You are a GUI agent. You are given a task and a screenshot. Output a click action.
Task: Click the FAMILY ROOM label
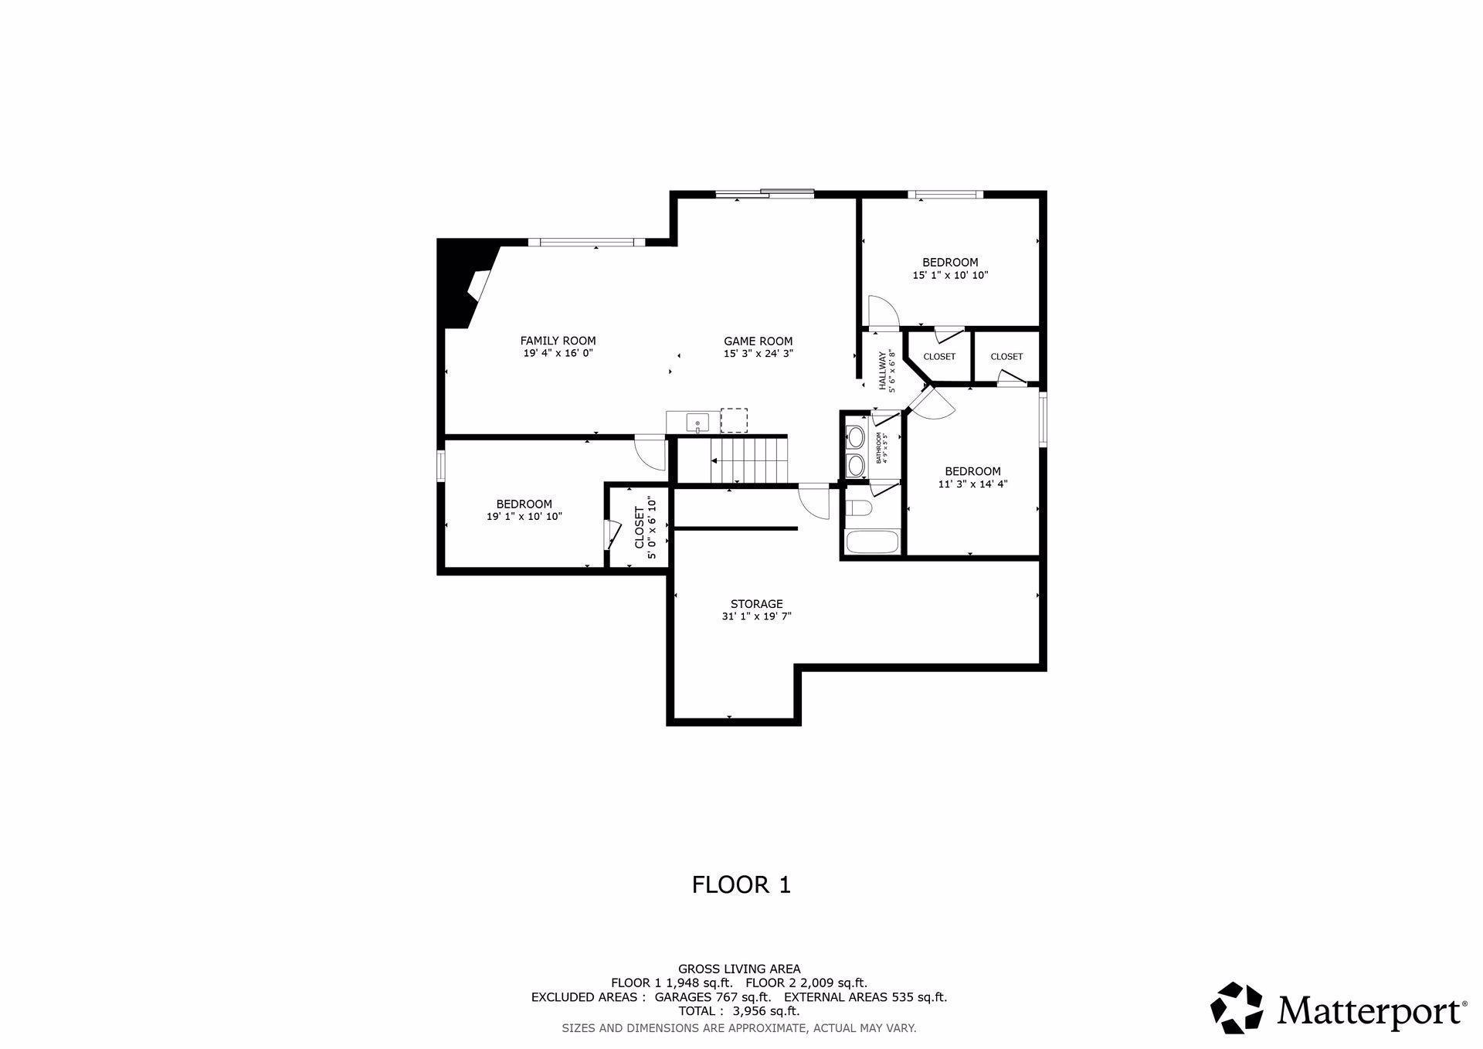[558, 341]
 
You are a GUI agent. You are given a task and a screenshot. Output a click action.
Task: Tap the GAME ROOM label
[758, 341]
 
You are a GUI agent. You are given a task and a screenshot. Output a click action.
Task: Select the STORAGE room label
[756, 604]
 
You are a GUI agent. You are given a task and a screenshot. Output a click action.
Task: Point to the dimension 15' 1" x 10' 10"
[950, 275]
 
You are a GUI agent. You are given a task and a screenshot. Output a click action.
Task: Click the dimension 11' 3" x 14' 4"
[972, 484]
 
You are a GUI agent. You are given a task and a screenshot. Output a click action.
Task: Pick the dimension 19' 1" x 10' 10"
[524, 517]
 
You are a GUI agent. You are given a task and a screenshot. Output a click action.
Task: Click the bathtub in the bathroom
[872, 541]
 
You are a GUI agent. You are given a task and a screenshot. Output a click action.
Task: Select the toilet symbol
[858, 508]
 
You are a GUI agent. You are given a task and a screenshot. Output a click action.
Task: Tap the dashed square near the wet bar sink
[734, 420]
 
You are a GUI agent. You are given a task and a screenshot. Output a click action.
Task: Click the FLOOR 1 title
[741, 884]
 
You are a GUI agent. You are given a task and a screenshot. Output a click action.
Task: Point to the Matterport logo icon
[1237, 1007]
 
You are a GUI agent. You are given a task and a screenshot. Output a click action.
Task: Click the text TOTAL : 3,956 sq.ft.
[738, 1010]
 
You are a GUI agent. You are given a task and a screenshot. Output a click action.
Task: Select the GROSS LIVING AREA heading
[739, 969]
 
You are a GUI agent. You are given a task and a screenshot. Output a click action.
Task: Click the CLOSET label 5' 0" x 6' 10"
[645, 528]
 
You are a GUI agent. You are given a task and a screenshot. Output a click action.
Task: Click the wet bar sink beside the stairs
[697, 423]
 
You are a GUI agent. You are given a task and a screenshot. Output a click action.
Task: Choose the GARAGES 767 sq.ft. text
[712, 996]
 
